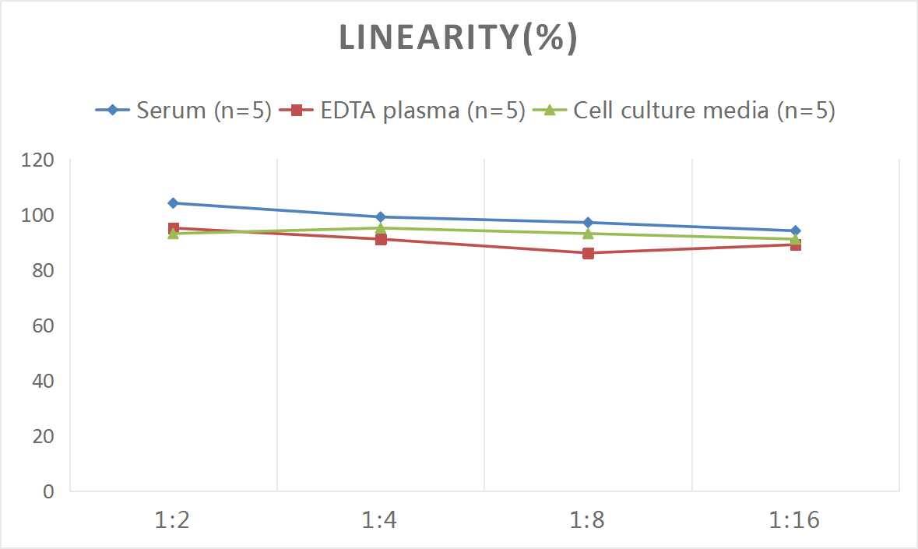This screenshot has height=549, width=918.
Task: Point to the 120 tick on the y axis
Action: pos(38,160)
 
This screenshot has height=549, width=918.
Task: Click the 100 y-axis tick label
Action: pos(38,216)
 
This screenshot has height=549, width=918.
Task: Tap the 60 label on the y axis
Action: pos(43,326)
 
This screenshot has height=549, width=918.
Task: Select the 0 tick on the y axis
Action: pos(48,491)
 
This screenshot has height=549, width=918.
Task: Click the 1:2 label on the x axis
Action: pos(173,520)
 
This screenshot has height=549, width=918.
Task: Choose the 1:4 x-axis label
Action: pos(380,520)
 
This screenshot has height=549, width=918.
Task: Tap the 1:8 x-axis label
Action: pos(587,520)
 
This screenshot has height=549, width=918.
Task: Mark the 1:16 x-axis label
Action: pos(794,520)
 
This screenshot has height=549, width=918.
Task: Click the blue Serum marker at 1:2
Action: pos(173,203)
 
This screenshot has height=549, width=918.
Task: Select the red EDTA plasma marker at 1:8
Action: pos(588,253)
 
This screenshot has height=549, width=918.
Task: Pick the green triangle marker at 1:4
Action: pos(381,228)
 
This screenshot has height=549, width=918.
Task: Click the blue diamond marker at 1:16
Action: pos(795,231)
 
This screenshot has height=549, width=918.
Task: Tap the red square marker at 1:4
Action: pos(381,239)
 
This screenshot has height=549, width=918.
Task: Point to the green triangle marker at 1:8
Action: pos(588,234)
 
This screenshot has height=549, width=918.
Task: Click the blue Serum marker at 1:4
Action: pos(381,217)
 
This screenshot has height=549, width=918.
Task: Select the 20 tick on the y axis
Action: pos(43,436)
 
